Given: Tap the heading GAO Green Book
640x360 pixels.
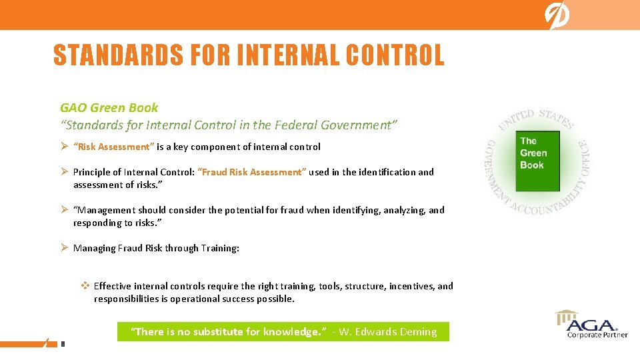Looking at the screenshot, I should (109, 107).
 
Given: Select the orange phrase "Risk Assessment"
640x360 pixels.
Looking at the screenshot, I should (114, 147).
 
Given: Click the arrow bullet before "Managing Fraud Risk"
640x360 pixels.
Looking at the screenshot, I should (65, 248).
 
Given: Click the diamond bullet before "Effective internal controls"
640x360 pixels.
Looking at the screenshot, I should (85, 286).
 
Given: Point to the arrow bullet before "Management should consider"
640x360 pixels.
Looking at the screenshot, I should (65, 210).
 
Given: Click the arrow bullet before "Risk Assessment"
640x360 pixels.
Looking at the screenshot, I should (65, 147).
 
